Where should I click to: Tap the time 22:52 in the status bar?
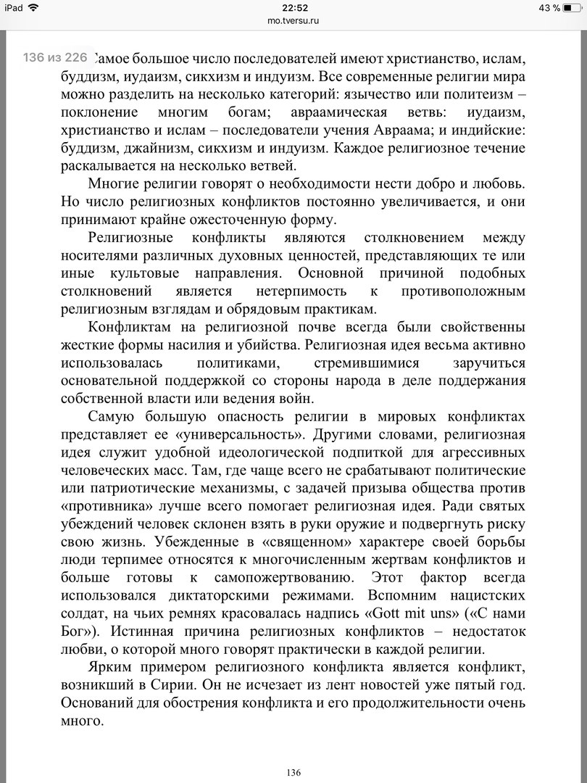tap(293, 8)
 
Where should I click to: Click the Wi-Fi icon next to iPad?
tap(33, 8)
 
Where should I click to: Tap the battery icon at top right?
tap(573, 8)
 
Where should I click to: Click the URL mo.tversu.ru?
tap(293, 20)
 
